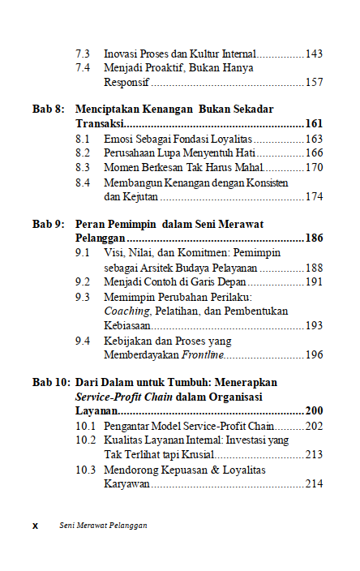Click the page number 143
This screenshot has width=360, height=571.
coord(314,54)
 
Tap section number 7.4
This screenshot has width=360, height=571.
coord(83,67)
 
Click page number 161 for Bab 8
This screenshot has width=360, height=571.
coord(313,123)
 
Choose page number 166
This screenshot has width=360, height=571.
coord(314,152)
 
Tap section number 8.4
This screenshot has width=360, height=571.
coord(83,182)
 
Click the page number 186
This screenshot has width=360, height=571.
coord(313,238)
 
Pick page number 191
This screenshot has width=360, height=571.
coord(314,282)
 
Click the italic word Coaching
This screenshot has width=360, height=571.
coord(128,311)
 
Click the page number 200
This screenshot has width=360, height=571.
coord(313,411)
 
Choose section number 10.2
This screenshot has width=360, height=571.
coord(86,440)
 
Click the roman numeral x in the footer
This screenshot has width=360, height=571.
coord(35,526)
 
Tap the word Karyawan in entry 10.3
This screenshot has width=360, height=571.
coord(127,483)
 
